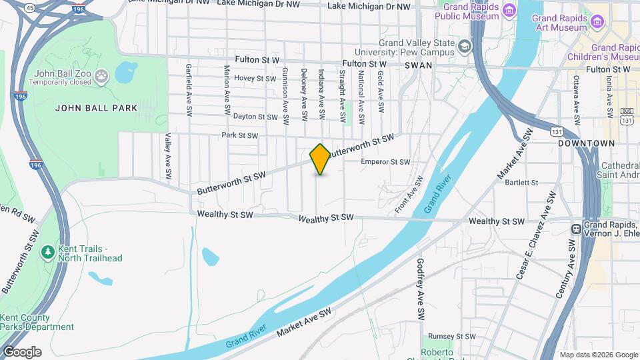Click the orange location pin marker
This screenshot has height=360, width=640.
[321, 159]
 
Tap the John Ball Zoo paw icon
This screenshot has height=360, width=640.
[101, 76]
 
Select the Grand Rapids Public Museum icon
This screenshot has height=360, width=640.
[510, 10]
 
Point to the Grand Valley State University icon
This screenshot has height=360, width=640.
[465, 46]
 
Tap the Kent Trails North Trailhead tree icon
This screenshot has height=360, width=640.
[47, 252]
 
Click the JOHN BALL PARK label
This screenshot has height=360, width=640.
[96, 108]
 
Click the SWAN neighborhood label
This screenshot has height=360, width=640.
[418, 65]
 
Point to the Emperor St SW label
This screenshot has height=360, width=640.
[385, 162]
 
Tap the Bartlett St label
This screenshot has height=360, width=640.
[521, 182]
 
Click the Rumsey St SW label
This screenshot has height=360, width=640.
[451, 336]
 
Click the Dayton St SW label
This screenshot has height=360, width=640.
[255, 117]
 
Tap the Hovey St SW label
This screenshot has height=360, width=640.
[255, 78]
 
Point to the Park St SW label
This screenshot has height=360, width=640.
[239, 135]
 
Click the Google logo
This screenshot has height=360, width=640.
[22, 352]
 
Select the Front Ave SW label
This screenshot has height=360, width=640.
[409, 195]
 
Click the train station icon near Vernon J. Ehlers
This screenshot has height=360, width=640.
[575, 229]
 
